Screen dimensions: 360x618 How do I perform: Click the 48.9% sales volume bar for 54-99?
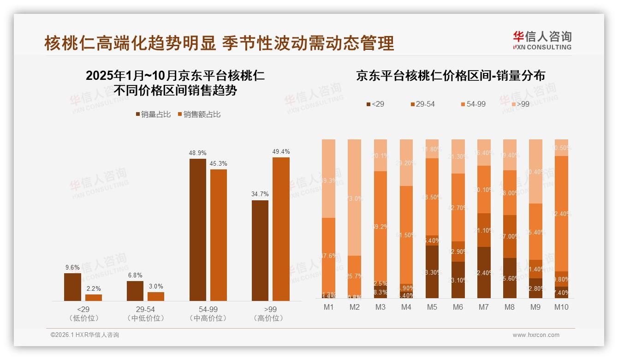pyautogui.click(x=197, y=229)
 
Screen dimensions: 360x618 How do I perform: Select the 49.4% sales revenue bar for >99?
pyautogui.click(x=281, y=229)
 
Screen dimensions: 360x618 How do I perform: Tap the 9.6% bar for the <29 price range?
pyautogui.click(x=72, y=287)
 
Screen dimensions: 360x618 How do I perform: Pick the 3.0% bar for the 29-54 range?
pyautogui.click(x=156, y=296)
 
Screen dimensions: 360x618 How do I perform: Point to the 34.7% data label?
pyautogui.click(x=260, y=194)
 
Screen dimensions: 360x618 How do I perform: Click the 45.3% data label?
pyautogui.click(x=218, y=163)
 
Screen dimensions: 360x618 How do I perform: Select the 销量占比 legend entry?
pyautogui.click(x=153, y=114)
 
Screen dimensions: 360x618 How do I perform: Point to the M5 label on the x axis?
pyautogui.click(x=432, y=307)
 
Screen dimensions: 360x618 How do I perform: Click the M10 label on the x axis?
pyautogui.click(x=561, y=307)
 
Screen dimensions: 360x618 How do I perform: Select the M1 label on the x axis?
pyautogui.click(x=328, y=307)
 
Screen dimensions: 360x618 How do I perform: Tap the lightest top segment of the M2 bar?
pyautogui.click(x=354, y=197)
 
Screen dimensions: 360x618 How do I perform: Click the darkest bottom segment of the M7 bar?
pyautogui.click(x=484, y=272)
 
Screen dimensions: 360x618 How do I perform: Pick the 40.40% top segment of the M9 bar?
pyautogui.click(x=535, y=171)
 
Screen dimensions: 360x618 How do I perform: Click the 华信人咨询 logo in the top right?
pyautogui.click(x=542, y=40)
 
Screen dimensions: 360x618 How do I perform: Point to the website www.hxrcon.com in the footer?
pyautogui.click(x=535, y=335)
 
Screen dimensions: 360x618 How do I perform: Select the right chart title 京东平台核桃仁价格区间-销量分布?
pyautogui.click(x=450, y=76)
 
